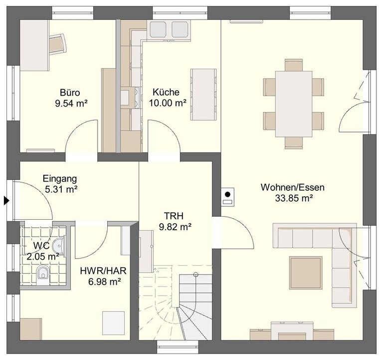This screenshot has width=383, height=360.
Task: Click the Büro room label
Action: point(70,93)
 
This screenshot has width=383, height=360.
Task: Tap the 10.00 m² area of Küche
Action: point(168,103)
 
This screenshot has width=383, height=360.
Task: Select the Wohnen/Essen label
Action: point(293,187)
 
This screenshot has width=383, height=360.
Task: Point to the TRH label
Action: point(174,216)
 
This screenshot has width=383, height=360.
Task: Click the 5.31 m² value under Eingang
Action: point(61,189)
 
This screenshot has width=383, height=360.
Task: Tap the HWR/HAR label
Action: point(103,271)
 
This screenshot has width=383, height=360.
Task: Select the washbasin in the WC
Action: point(59,245)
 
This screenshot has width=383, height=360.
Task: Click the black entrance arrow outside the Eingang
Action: point(6,201)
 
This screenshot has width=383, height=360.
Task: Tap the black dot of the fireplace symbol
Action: point(227,194)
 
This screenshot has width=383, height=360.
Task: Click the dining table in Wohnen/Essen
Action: point(294,104)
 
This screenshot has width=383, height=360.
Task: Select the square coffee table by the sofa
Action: point(306,273)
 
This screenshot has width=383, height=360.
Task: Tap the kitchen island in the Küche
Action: point(203,94)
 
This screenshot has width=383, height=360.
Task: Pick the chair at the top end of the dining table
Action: point(294,65)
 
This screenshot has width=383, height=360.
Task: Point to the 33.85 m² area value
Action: point(294,198)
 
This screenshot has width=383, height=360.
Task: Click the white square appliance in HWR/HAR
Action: point(114,323)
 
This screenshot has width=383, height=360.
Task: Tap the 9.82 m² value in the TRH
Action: point(175,227)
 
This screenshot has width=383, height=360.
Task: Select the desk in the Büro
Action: point(34,45)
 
